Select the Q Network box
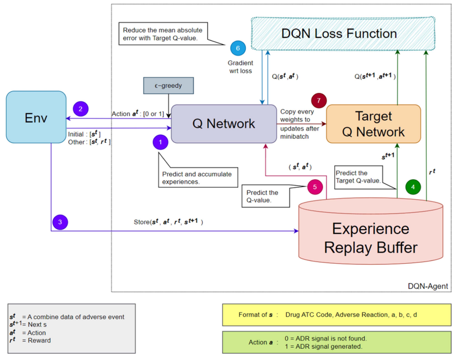pyautogui.click(x=224, y=123)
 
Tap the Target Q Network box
pyautogui.click(x=373, y=124)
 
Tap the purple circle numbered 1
pyautogui.click(x=160, y=143)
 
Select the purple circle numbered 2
pyautogui.click(x=80, y=109)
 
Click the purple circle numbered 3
pyautogui.click(x=59, y=222)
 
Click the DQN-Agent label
pyautogui.click(x=428, y=286)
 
